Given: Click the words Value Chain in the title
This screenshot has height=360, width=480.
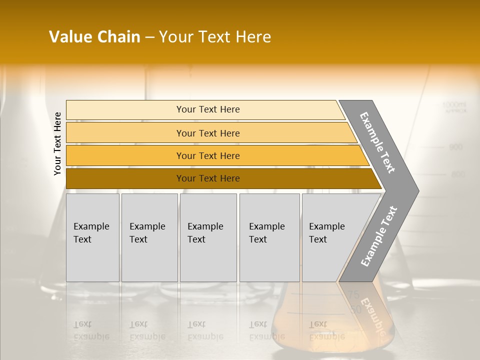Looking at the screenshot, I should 94,37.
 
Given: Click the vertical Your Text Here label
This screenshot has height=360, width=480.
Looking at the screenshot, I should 57,143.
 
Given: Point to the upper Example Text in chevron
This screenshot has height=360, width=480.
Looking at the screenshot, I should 377,142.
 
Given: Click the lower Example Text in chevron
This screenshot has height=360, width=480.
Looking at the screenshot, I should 378,236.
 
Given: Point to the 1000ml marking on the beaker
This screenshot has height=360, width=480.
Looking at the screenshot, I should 453,105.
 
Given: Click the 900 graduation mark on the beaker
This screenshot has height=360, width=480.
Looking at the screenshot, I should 456,147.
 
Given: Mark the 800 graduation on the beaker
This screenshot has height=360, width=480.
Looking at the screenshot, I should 458,174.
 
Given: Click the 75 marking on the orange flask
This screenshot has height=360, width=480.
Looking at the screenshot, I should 353,295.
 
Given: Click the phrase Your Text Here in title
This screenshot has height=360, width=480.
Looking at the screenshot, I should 215,37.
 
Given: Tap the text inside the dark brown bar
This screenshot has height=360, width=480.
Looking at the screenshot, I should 208,178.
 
